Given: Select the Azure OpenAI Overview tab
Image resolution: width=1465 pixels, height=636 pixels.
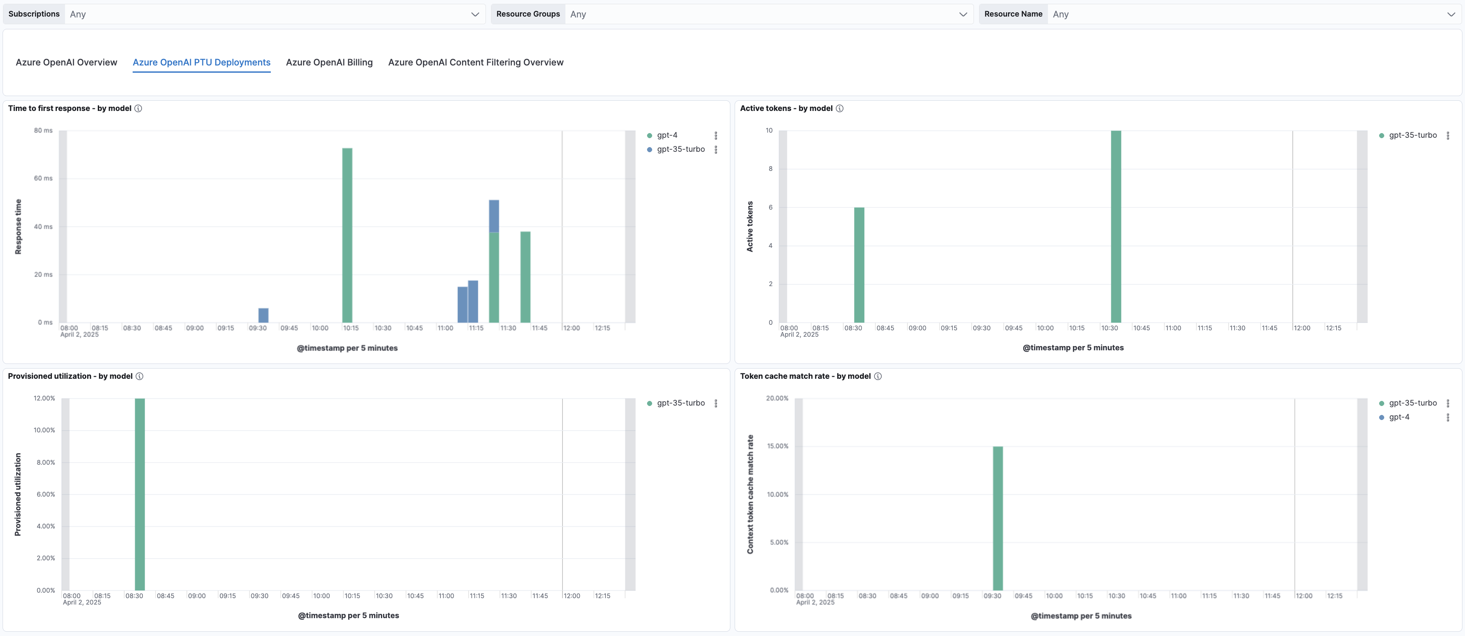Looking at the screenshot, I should tap(67, 62).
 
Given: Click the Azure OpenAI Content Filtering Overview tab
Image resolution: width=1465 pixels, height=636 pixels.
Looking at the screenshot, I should tap(475, 62).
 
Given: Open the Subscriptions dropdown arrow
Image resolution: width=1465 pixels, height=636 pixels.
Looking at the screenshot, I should tap(475, 14).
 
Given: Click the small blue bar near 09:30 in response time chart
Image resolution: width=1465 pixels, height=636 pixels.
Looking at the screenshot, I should tap(263, 315).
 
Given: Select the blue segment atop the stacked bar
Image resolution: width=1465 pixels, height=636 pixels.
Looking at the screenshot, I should tap(494, 216).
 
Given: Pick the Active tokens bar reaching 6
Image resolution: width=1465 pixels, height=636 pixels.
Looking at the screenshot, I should tap(859, 264).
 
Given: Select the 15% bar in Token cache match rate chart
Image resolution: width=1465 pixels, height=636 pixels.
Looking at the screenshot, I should tap(997, 518).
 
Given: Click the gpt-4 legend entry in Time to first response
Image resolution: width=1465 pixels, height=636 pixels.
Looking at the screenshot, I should tap(667, 135).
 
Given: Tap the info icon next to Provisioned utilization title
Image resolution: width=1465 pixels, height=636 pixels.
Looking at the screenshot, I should tap(139, 376).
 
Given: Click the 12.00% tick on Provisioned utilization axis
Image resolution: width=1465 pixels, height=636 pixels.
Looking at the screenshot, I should tap(44, 398).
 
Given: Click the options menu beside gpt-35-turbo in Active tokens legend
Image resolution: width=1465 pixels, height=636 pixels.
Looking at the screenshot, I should tap(1448, 135).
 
